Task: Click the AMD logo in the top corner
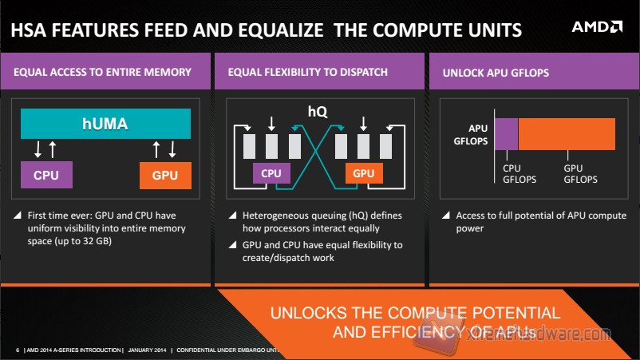point(596,27)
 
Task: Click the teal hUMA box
point(105,123)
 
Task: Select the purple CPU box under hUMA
point(45,174)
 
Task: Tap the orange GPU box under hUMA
point(165,175)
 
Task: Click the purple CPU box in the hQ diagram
point(271,173)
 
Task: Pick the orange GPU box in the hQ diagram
point(363,173)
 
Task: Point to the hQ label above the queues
point(318,113)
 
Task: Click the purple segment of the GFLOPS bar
point(507,133)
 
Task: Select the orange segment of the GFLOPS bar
point(567,133)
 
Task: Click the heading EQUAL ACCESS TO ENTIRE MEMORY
point(103,73)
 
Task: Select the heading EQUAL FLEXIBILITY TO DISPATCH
point(307,73)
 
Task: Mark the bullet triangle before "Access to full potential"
point(444,216)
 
